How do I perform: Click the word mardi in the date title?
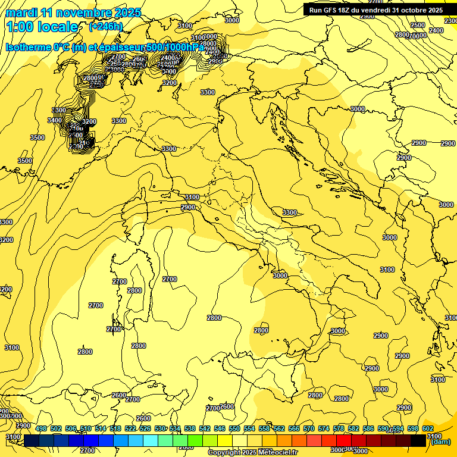(21, 12)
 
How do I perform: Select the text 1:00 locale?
(42, 27)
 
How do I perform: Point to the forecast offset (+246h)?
(105, 27)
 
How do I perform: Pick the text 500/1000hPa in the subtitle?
(174, 47)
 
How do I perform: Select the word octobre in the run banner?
(414, 10)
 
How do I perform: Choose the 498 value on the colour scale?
(41, 429)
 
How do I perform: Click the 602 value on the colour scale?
(428, 429)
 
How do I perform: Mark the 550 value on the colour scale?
(234, 429)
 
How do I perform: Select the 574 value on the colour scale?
(324, 429)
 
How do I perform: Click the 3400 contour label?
(54, 120)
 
